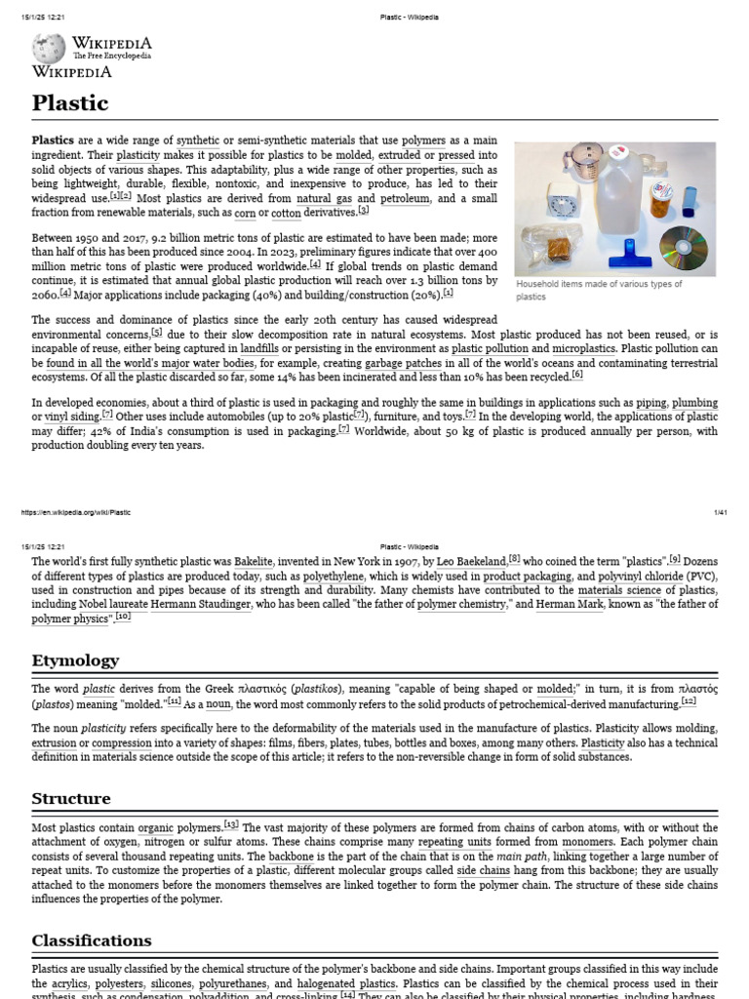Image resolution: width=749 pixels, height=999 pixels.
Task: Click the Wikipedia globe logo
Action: pos(49,48)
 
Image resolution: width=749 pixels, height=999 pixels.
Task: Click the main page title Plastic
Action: pos(70,102)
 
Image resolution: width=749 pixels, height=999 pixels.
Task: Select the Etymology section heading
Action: pos(75,659)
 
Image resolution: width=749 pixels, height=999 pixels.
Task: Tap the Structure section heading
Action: pos(71,798)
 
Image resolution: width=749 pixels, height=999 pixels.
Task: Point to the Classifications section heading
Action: pos(92,940)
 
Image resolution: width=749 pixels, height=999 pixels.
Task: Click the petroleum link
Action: pos(405,198)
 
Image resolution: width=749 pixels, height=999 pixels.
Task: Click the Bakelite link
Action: pos(274,561)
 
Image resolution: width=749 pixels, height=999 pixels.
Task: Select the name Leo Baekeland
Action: pos(470,561)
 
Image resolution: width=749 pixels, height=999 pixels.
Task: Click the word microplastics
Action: pos(583,348)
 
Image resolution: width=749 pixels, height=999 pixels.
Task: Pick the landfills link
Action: pos(259,348)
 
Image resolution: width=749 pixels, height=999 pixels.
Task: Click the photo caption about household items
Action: pos(599,290)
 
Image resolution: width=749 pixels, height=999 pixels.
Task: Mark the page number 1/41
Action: pos(722,512)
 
